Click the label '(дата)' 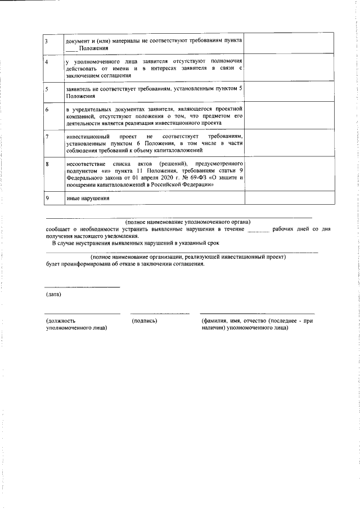tap(53, 294)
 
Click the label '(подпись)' tap(144, 321)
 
